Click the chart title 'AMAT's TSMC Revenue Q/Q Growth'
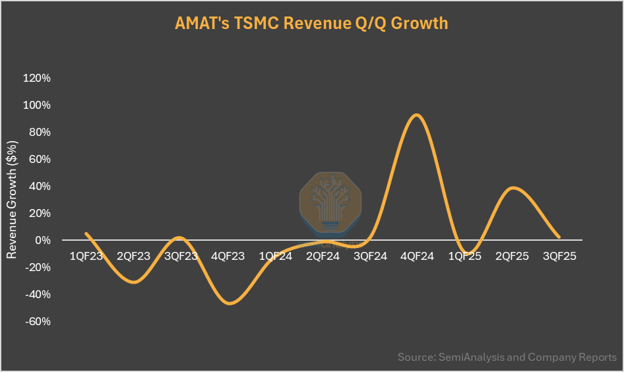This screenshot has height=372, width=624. pos(311,24)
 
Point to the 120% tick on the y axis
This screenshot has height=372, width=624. pos(37,78)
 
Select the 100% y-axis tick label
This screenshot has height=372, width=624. pos(37,106)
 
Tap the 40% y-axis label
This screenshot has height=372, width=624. pos(39,187)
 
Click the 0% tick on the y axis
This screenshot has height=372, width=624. pos(42,241)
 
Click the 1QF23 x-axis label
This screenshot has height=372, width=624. pos(86,257)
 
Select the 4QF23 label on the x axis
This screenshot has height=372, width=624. pos(228,257)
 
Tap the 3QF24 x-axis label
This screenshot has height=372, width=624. pos(370,257)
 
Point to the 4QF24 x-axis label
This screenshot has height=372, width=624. pos(418,257)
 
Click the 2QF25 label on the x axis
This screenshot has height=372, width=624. pos(512,257)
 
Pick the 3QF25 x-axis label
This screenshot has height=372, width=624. pos(559,257)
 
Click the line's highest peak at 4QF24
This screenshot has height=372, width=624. pos(416,115)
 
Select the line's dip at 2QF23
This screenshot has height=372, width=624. pos(134,282)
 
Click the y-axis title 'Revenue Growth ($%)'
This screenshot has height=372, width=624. pos(12,199)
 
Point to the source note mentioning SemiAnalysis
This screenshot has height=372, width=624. pos(507,357)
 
